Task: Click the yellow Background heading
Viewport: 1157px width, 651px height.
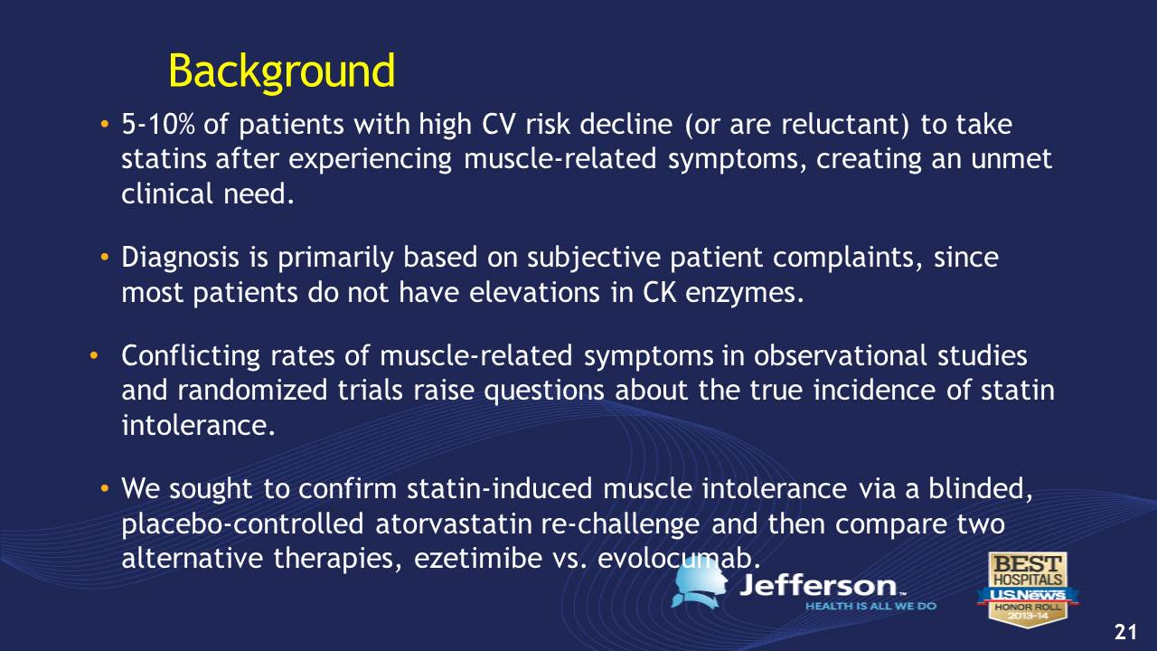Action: pos(281,72)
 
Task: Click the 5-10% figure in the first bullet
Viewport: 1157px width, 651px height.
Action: pos(157,125)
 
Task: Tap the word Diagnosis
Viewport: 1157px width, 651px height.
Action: pos(180,259)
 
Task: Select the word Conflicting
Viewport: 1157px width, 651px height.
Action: pos(191,357)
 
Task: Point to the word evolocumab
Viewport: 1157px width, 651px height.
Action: pos(679,559)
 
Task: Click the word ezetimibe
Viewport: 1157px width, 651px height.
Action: pos(478,559)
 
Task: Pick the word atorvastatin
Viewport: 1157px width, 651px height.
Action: pos(454,524)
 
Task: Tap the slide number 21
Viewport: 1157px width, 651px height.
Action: pos(1125,632)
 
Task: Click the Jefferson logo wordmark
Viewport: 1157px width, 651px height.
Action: pos(823,586)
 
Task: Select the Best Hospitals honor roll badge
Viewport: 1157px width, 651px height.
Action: pos(1028,589)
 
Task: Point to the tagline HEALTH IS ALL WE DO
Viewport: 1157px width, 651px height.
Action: pos(870,606)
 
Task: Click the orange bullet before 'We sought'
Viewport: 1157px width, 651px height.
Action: pos(105,487)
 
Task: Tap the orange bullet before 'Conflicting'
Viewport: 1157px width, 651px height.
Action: pos(93,355)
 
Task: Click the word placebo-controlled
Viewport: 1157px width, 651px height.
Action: pos(243,524)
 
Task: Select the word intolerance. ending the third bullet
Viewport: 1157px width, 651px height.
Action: pos(198,426)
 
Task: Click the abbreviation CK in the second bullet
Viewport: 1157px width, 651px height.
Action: pos(660,293)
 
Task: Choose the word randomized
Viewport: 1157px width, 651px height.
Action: pos(252,390)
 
